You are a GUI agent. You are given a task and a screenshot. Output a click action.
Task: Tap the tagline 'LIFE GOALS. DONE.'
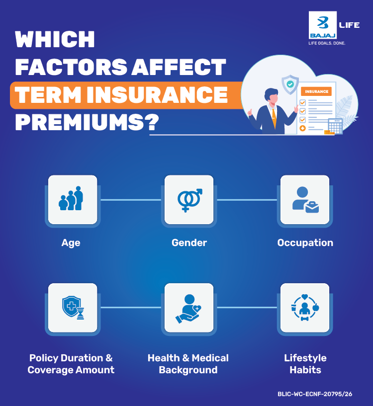pos(327,44)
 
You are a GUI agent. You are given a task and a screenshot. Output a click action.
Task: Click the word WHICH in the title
pos(55,40)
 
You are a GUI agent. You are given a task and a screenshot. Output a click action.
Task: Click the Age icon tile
pos(72,200)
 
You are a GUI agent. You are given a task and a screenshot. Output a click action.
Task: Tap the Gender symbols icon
pos(189,200)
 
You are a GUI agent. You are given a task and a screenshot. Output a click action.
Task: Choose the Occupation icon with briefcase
pos(305,200)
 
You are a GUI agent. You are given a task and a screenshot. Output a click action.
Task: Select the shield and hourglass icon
pos(72,308)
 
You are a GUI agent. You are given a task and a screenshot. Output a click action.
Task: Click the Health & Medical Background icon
pos(189,308)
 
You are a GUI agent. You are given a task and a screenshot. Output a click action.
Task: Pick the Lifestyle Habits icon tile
pos(305,308)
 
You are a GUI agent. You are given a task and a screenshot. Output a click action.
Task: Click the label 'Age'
pos(71,243)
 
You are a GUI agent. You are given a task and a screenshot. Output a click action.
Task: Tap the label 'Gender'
pos(189,243)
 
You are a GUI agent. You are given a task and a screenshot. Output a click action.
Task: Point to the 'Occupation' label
pos(305,243)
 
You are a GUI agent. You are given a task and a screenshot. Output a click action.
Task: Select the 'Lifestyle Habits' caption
pos(305,364)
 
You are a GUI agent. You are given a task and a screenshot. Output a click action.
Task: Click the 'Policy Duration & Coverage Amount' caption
pos(71,364)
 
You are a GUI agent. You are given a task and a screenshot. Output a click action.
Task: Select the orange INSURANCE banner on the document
pos(316,91)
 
